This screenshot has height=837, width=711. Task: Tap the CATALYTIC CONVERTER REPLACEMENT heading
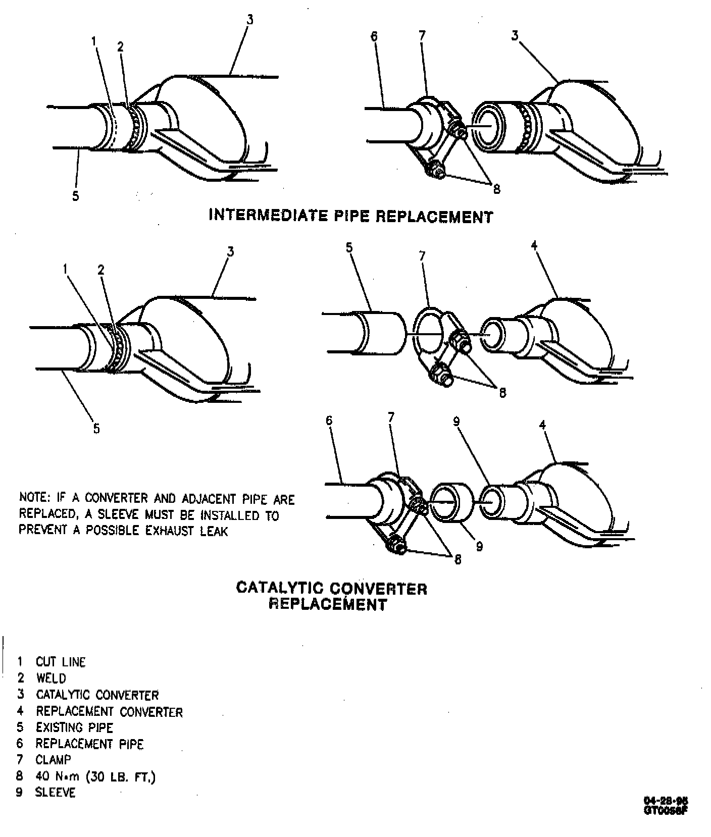coord(331,596)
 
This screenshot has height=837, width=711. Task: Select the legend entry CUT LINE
coord(61,662)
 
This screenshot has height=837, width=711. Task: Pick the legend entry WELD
coord(51,678)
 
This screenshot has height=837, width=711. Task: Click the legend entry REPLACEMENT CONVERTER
coord(109,711)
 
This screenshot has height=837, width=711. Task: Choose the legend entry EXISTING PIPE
coord(74,727)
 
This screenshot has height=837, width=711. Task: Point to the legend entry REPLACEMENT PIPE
coord(89,744)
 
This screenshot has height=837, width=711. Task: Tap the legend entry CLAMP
coord(54,760)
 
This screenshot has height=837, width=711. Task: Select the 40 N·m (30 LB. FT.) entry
coord(95,776)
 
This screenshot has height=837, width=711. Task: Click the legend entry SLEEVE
coord(55,793)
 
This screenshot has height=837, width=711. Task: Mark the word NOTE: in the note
coord(34,498)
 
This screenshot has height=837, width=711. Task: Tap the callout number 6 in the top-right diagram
coord(374,37)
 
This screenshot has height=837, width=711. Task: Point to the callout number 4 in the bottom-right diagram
coord(543,426)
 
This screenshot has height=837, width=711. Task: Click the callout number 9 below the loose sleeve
coord(479,546)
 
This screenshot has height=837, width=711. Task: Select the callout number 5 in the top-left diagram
coord(76,196)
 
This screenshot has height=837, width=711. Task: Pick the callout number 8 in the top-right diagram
coord(496,189)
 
